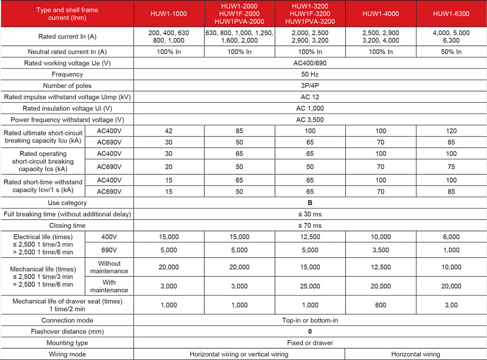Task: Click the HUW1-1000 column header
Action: click(169, 14)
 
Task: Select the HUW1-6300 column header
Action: click(451, 14)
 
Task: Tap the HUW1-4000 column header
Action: click(380, 14)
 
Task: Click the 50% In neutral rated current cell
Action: click(451, 52)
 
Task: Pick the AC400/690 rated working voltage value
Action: click(310, 63)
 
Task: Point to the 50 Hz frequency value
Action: click(310, 75)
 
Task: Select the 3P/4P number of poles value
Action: click(310, 86)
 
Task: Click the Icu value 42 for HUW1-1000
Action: click(169, 131)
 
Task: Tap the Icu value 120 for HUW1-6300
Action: click(451, 131)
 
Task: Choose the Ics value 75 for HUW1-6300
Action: click(451, 167)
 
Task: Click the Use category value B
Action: click(310, 203)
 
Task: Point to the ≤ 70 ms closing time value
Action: click(310, 226)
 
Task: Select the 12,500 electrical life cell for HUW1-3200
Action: click(310, 237)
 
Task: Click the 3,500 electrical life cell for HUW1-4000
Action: click(380, 250)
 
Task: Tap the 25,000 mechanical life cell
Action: click(310, 286)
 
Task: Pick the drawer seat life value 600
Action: click(380, 305)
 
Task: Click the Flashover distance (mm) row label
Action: click(67, 332)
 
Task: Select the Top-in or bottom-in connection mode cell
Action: click(310, 320)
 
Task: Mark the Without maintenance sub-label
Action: click(109, 267)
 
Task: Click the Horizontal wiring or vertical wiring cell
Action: click(239, 354)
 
